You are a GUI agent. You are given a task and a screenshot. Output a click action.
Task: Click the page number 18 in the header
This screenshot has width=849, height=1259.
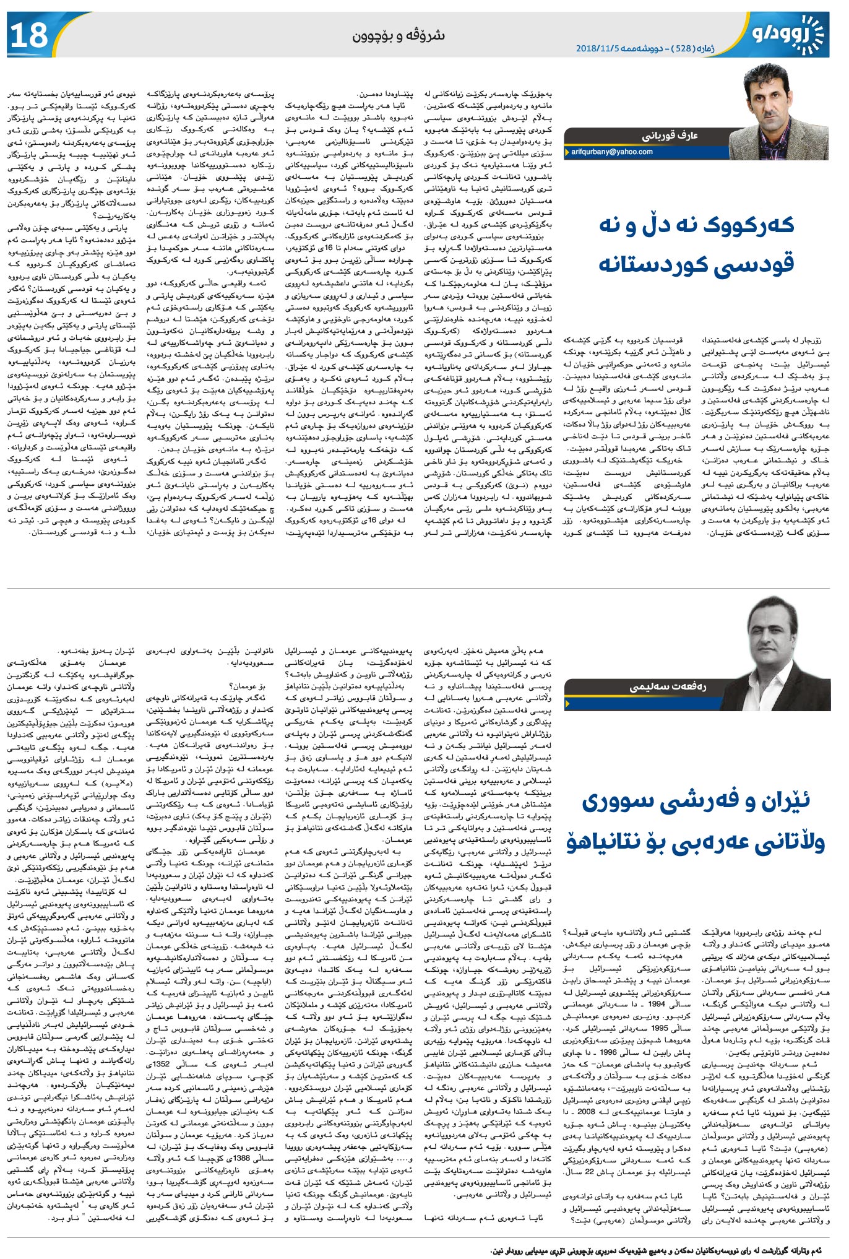tap(29, 35)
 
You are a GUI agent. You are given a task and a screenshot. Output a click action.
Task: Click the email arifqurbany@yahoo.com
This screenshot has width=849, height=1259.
tap(611, 152)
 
